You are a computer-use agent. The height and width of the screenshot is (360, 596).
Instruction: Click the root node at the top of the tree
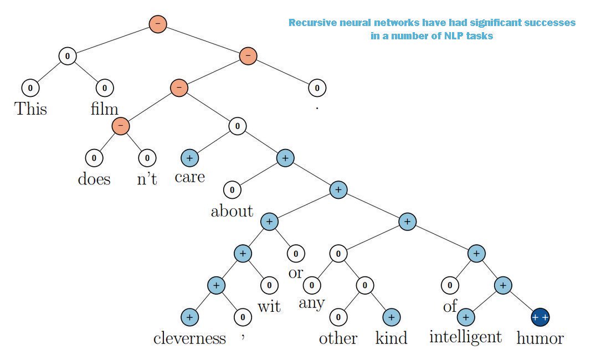coord(158,24)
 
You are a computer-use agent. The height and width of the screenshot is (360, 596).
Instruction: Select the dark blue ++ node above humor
coord(540,317)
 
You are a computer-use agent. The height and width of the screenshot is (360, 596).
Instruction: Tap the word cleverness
coord(189,338)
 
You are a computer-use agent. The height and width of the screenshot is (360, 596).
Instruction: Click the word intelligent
coord(466,336)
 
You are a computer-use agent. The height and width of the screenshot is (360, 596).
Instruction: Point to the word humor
coord(540,338)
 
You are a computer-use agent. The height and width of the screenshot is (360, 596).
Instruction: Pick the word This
coord(30,108)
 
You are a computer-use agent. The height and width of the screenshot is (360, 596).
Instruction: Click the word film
coord(105,108)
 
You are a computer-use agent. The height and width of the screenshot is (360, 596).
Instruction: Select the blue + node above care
coord(189,158)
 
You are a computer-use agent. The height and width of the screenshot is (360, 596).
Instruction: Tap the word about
coord(232,211)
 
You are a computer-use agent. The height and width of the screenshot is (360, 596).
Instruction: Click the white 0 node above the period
coord(317,88)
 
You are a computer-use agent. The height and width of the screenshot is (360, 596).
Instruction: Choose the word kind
coord(391,338)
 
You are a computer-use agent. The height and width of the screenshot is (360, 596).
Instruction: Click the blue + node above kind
coord(391,317)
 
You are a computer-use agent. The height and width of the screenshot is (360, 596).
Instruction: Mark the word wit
coord(269,306)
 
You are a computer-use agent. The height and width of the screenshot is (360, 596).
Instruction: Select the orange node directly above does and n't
coord(120,126)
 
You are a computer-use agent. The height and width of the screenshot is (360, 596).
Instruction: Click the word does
coord(94,179)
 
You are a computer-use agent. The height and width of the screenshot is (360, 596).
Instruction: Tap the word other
coord(338,338)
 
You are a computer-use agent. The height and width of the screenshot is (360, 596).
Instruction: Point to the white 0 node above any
coord(312,286)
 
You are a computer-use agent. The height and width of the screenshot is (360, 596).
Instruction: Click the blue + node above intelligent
coord(466,317)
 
